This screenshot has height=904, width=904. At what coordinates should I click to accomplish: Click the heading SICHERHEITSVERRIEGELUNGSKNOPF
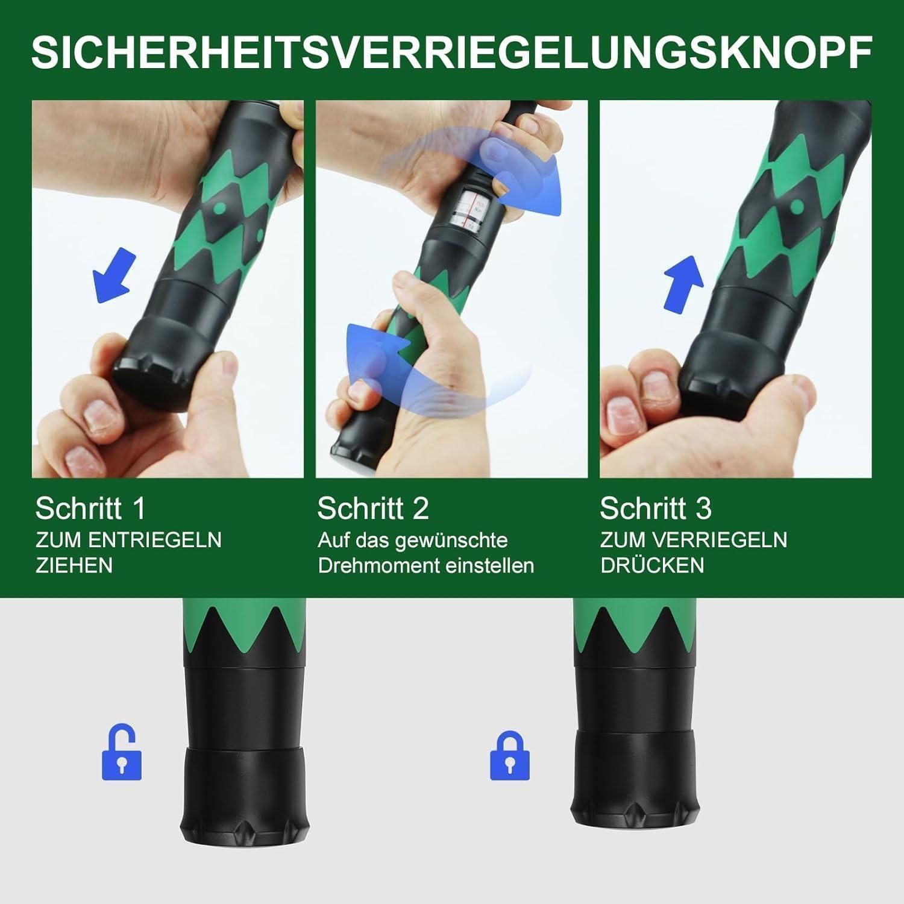tap(451, 52)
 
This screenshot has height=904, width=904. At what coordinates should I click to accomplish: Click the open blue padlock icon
tap(122, 753)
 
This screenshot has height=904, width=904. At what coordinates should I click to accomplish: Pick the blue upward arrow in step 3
tap(684, 284)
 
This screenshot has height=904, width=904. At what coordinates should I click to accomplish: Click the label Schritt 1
tap(90, 509)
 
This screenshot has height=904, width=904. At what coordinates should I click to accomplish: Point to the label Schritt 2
tap(373, 509)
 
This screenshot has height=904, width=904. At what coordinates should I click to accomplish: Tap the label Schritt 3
tap(655, 509)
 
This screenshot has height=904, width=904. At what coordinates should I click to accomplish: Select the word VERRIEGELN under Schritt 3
tap(727, 539)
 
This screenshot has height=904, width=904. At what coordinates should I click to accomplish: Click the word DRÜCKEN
tap(651, 565)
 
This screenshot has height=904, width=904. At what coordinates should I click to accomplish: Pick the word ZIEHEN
tap(74, 565)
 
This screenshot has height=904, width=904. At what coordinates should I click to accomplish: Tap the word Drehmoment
tap(370, 566)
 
